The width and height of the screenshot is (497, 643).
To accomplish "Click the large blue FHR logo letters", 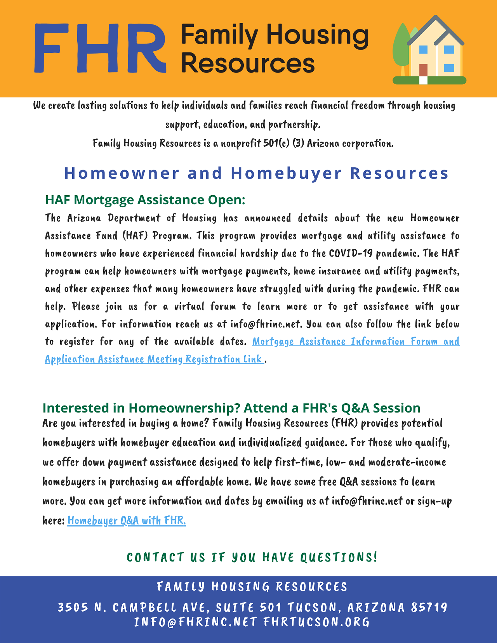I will point(100,48).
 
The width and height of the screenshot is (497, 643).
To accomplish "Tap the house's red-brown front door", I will point(423,70).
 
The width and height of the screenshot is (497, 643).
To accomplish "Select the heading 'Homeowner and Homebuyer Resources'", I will point(256,173).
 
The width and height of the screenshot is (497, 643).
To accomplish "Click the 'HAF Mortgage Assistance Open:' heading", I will point(145,199).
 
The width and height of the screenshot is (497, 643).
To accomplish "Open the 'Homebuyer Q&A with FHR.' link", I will point(127,520).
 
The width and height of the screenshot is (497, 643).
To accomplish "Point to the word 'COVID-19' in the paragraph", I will point(351,254).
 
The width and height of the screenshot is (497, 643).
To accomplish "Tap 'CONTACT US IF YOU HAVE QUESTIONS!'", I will point(252,557).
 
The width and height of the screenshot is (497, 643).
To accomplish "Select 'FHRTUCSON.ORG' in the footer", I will point(316,622).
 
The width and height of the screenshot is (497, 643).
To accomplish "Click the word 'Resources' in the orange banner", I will point(248,63).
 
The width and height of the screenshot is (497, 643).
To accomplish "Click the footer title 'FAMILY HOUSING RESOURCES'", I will point(252,587).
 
